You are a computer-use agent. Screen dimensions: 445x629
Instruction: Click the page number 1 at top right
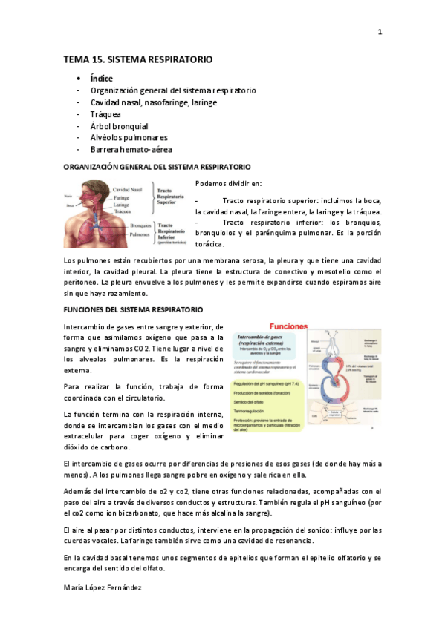[380, 32]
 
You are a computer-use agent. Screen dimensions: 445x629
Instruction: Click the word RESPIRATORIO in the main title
[176, 59]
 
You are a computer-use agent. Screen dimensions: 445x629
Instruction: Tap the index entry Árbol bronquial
[120, 126]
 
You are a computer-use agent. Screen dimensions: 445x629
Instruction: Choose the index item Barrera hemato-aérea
[131, 150]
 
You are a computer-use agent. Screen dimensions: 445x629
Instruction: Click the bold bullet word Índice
[102, 78]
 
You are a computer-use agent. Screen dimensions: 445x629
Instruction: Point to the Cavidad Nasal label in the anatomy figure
[128, 190]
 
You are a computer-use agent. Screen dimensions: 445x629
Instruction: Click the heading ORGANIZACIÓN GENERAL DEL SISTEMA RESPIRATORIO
[157, 168]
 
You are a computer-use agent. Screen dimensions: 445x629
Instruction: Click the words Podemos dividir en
[227, 184]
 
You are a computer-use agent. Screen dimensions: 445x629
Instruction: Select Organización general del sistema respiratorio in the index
[173, 90]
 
